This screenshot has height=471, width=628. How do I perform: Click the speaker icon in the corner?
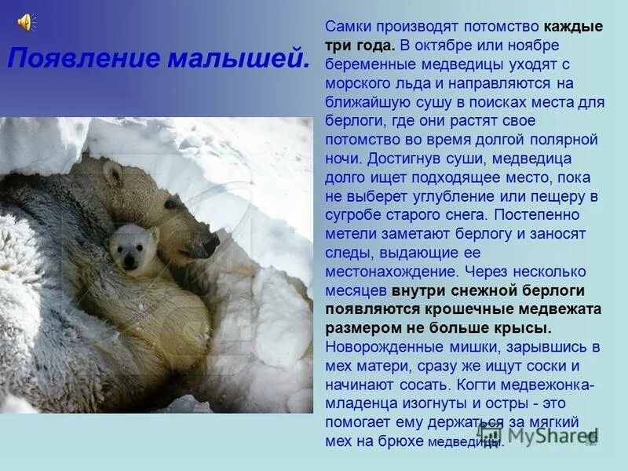[x=25, y=21]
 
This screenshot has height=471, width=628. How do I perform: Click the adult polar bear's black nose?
[x=211, y=246]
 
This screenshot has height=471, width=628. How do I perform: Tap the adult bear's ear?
[x=113, y=173]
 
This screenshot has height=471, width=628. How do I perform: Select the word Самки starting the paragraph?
[x=346, y=27]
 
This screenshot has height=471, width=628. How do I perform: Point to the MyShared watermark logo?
[x=542, y=434]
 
